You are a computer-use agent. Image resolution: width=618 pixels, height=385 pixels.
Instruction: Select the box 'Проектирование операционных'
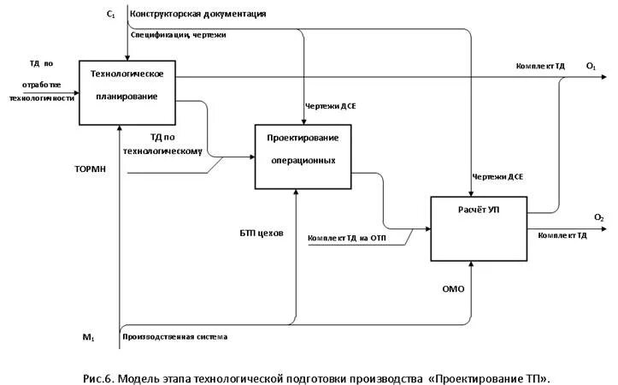[x=303, y=155]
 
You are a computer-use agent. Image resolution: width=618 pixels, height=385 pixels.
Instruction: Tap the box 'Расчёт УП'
[x=478, y=228]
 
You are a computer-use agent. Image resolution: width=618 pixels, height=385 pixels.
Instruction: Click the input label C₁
[x=111, y=15]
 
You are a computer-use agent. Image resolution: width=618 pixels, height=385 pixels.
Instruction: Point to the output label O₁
[x=591, y=66]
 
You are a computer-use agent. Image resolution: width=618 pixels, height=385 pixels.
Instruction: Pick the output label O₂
[x=599, y=218]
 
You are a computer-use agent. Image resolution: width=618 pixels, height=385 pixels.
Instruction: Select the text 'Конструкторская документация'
[x=197, y=15]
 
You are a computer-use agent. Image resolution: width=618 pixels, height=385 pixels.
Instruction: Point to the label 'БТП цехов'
[x=262, y=233]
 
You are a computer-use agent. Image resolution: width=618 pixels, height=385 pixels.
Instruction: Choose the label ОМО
[x=454, y=289]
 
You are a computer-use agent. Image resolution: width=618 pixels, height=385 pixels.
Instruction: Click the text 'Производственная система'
[x=175, y=337]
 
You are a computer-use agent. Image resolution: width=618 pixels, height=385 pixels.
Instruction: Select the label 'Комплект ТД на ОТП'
[x=347, y=238]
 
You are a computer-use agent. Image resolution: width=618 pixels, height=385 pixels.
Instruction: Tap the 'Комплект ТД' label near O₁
[x=540, y=66]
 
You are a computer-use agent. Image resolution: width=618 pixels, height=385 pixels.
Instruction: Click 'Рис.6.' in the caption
[x=102, y=376]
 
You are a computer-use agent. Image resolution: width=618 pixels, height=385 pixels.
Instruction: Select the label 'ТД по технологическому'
[x=175, y=143]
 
